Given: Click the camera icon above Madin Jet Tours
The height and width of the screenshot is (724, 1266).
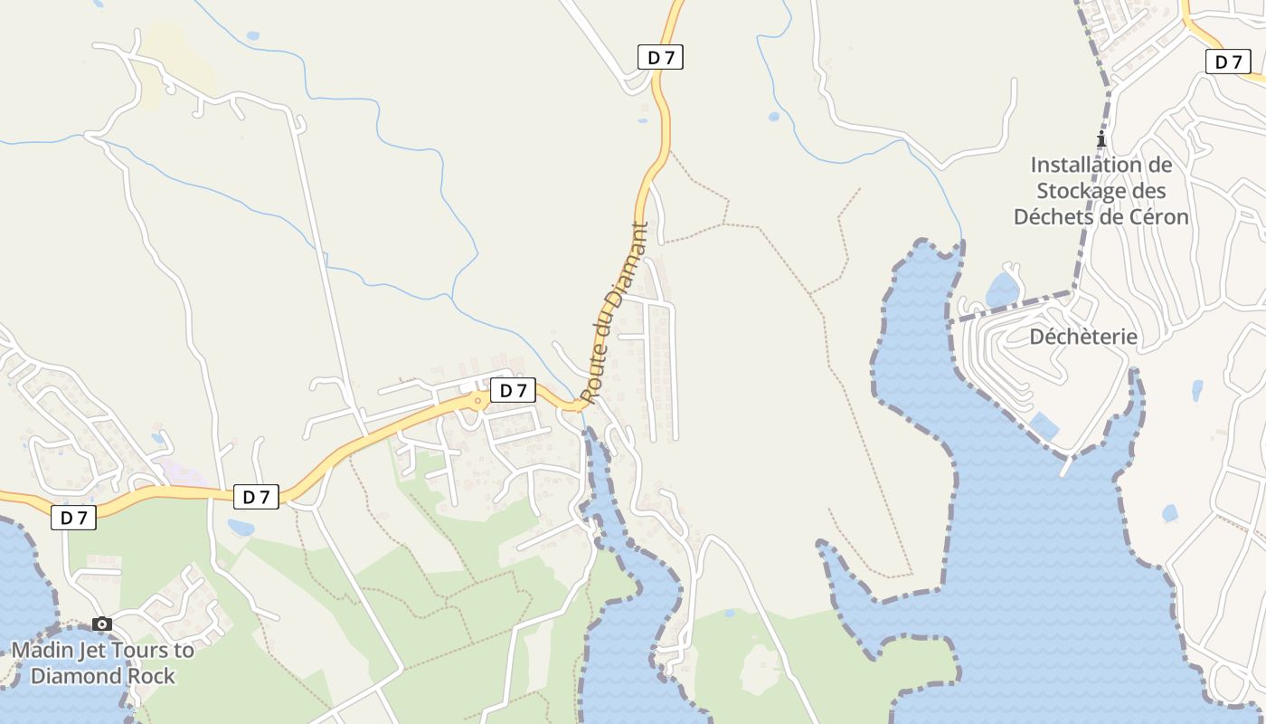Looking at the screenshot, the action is tap(102, 624).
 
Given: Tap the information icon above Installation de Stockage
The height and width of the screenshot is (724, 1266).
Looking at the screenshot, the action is tap(1101, 139).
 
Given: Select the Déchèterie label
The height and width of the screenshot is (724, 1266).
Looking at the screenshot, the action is tap(1083, 337).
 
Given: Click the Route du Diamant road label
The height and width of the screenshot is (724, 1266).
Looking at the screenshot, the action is tap(616, 312).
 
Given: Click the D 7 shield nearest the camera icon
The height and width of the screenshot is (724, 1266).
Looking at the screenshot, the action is tap(73, 518).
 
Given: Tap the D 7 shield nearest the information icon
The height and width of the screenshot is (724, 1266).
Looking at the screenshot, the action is tap(1228, 62).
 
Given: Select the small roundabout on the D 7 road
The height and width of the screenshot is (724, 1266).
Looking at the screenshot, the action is tap(477, 399).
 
